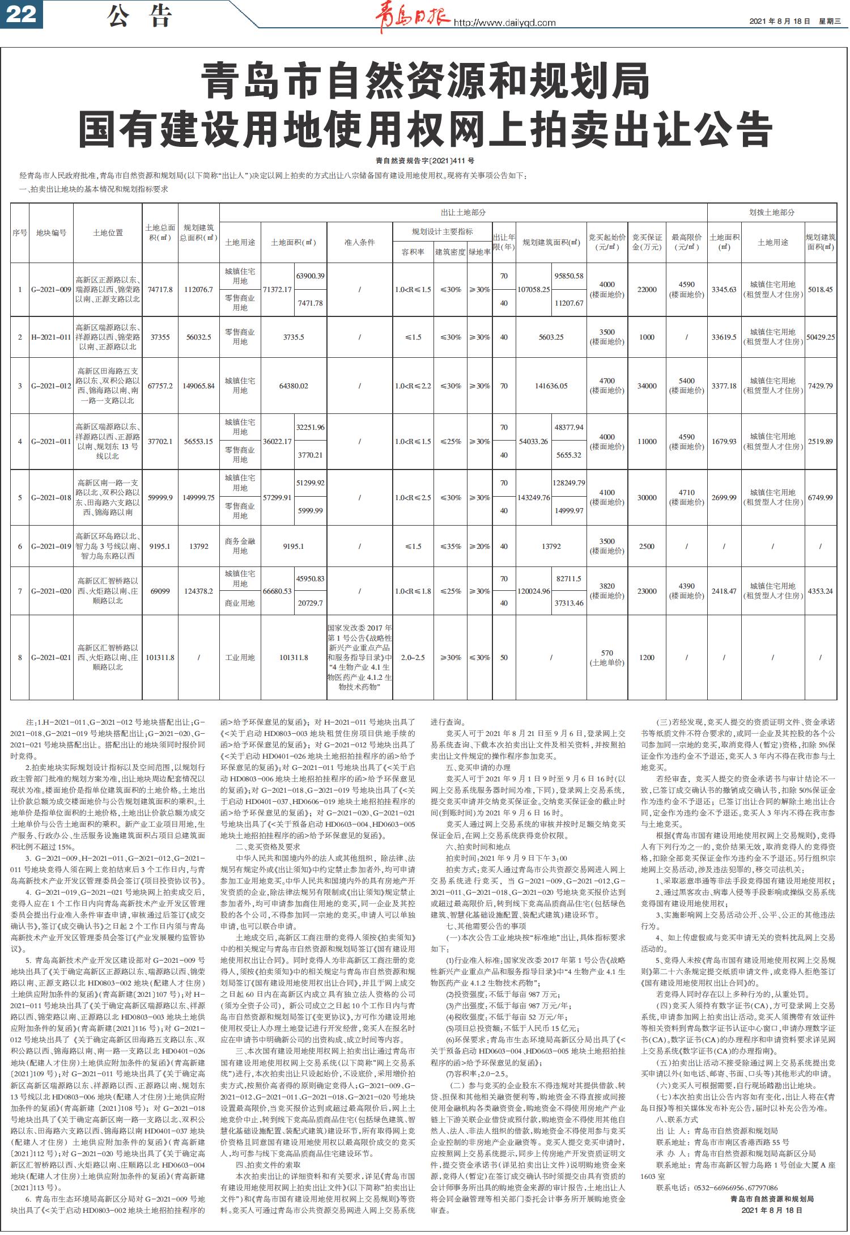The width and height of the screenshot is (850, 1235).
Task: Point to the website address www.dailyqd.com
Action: (504, 23)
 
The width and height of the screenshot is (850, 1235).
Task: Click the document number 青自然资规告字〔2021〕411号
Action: (425, 161)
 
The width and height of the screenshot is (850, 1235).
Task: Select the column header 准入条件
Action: (359, 242)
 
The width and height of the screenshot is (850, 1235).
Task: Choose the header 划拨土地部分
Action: (772, 212)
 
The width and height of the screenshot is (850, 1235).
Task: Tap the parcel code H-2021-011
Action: (51, 337)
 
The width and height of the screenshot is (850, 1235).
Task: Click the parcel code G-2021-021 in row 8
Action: (51, 658)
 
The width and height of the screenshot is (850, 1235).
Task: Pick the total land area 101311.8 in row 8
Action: (160, 658)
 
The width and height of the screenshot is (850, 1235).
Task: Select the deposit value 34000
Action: (647, 386)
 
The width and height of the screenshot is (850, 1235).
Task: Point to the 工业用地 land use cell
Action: (240, 658)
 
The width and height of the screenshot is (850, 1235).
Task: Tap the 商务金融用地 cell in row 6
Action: (240, 546)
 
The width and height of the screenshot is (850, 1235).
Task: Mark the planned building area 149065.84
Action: (199, 386)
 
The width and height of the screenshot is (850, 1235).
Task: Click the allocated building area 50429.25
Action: (821, 337)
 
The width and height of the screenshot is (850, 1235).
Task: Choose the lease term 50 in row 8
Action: (504, 658)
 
